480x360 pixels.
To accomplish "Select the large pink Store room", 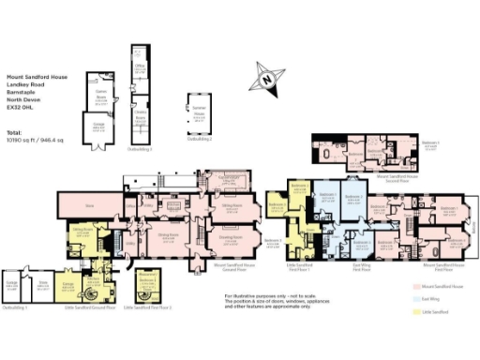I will click(90, 202).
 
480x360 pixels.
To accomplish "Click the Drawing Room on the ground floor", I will click(229, 237).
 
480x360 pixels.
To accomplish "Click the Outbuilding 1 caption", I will click(14, 307).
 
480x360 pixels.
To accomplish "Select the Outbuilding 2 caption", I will click(200, 140).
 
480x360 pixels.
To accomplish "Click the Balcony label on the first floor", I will click(475, 225).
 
